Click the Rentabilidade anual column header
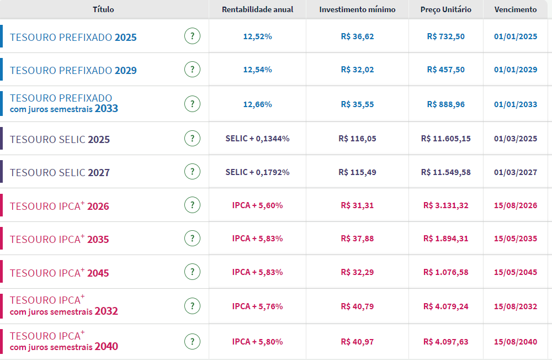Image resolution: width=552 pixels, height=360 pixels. point(258,9)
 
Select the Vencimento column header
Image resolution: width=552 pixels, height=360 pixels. point(516,9)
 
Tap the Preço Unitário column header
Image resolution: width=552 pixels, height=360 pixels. point(446,9)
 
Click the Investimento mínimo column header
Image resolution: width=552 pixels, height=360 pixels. point(357,9)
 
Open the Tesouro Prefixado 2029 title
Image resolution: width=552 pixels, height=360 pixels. point(73,71)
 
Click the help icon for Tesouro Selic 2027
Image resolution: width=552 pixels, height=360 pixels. point(192,172)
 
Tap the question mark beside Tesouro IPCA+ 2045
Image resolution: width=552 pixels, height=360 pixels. point(192,272)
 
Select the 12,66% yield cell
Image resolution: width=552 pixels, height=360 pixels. point(258,104)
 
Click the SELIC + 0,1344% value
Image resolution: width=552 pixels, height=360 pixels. point(258,139)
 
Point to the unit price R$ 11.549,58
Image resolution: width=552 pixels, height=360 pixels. point(446,172)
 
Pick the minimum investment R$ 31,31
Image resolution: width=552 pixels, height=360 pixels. point(357,205)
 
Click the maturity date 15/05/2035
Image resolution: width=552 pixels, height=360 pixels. point(516,239)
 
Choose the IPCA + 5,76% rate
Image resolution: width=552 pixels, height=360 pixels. point(258,306)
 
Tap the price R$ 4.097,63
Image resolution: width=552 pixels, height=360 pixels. point(446,342)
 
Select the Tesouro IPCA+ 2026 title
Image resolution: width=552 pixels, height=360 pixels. point(60,207)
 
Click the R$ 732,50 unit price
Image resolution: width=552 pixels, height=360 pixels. point(446,36)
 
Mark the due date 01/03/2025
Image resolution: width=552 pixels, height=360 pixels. point(516,139)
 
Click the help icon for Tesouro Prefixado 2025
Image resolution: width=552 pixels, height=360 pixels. point(192,36)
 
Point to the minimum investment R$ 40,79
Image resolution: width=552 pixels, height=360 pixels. point(357,306)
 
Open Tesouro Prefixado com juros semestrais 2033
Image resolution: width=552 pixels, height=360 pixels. point(64,103)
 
